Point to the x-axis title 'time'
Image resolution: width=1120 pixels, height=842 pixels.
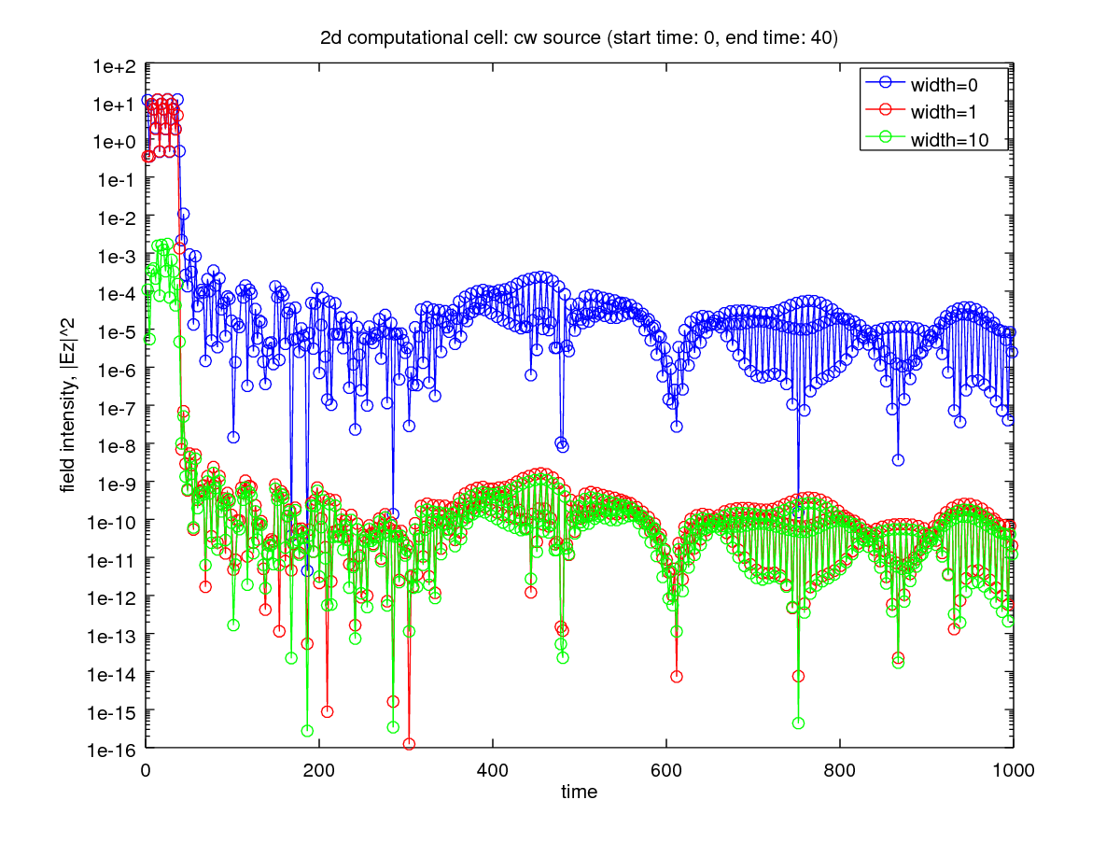(x=579, y=793)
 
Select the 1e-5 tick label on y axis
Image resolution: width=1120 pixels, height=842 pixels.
(x=116, y=331)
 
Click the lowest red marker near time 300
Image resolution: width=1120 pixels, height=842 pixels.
(x=409, y=744)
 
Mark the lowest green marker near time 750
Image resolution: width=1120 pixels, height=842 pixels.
(x=798, y=723)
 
